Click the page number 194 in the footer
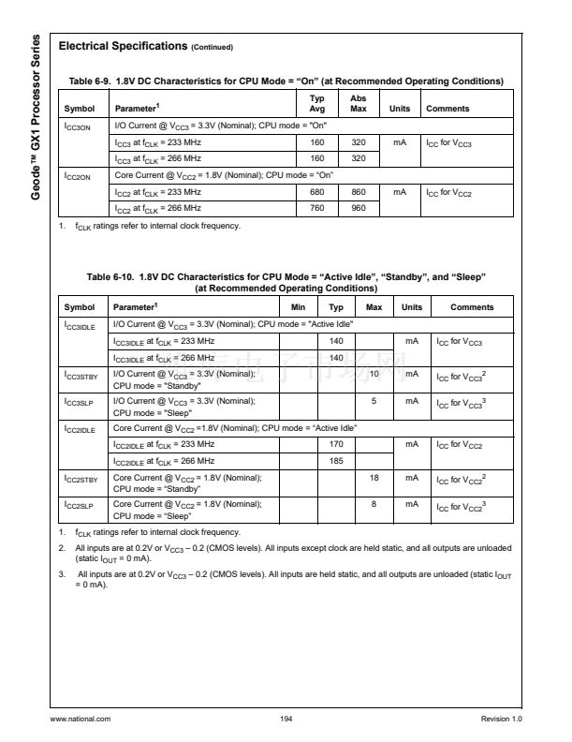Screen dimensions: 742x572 click(x=286, y=719)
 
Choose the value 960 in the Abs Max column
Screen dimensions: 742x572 click(x=358, y=209)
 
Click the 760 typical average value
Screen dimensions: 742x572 click(x=317, y=209)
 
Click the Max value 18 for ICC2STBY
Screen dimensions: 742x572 click(x=374, y=479)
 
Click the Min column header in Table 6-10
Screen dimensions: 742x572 click(x=299, y=307)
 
